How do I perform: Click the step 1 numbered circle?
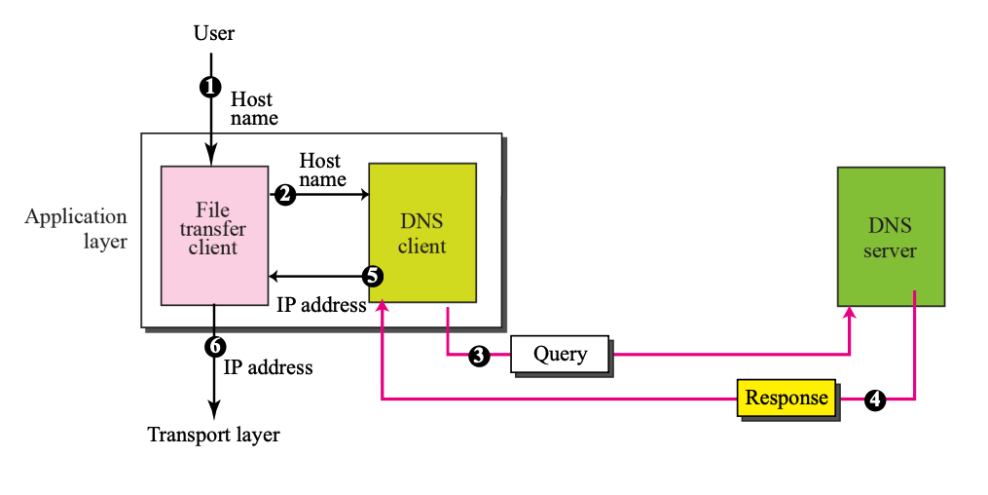point(208,87)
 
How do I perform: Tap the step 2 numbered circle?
point(284,195)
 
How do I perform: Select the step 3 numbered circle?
point(478,356)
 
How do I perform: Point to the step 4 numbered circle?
point(875,399)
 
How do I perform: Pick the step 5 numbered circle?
point(372,276)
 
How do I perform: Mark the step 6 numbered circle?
point(215,345)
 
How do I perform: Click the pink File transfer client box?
point(214,235)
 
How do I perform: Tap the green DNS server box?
point(891,237)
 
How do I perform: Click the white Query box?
point(560,354)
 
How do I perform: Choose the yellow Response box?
point(786,398)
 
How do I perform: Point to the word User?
point(214,34)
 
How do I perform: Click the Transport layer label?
point(213,435)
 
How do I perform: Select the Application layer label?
point(76,229)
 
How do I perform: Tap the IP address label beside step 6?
point(269,367)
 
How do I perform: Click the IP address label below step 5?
point(321,304)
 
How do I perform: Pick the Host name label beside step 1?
point(253,108)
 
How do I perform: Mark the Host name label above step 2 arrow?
point(321,170)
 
